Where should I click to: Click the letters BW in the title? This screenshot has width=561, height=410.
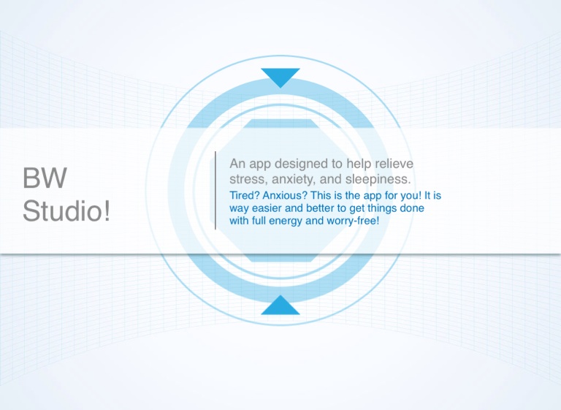[45, 178]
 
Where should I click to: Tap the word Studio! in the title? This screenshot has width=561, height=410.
[66, 210]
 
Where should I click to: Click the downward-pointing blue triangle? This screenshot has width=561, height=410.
[280, 77]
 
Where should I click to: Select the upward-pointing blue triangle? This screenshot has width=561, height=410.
[280, 305]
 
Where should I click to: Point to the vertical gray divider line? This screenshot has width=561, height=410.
[215, 190]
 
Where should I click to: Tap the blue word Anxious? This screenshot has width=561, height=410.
[285, 196]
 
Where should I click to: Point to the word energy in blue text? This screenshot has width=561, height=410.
[286, 221]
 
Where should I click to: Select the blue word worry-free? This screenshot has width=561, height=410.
[353, 221]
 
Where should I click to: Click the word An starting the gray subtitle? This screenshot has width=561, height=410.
[237, 164]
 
